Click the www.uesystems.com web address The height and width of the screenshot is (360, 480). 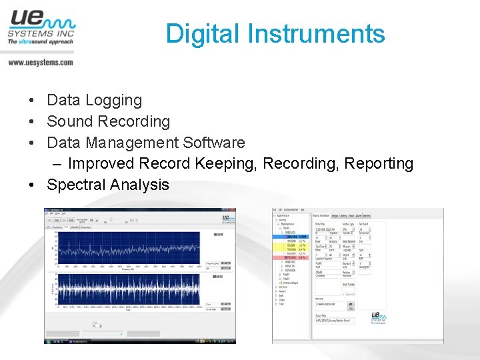[x=41, y=63]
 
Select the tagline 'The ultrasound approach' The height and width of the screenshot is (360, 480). [x=40, y=42]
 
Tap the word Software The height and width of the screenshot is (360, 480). [x=213, y=143]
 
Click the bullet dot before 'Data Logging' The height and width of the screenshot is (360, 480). [x=32, y=101]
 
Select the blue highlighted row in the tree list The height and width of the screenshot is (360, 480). [x=293, y=235]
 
